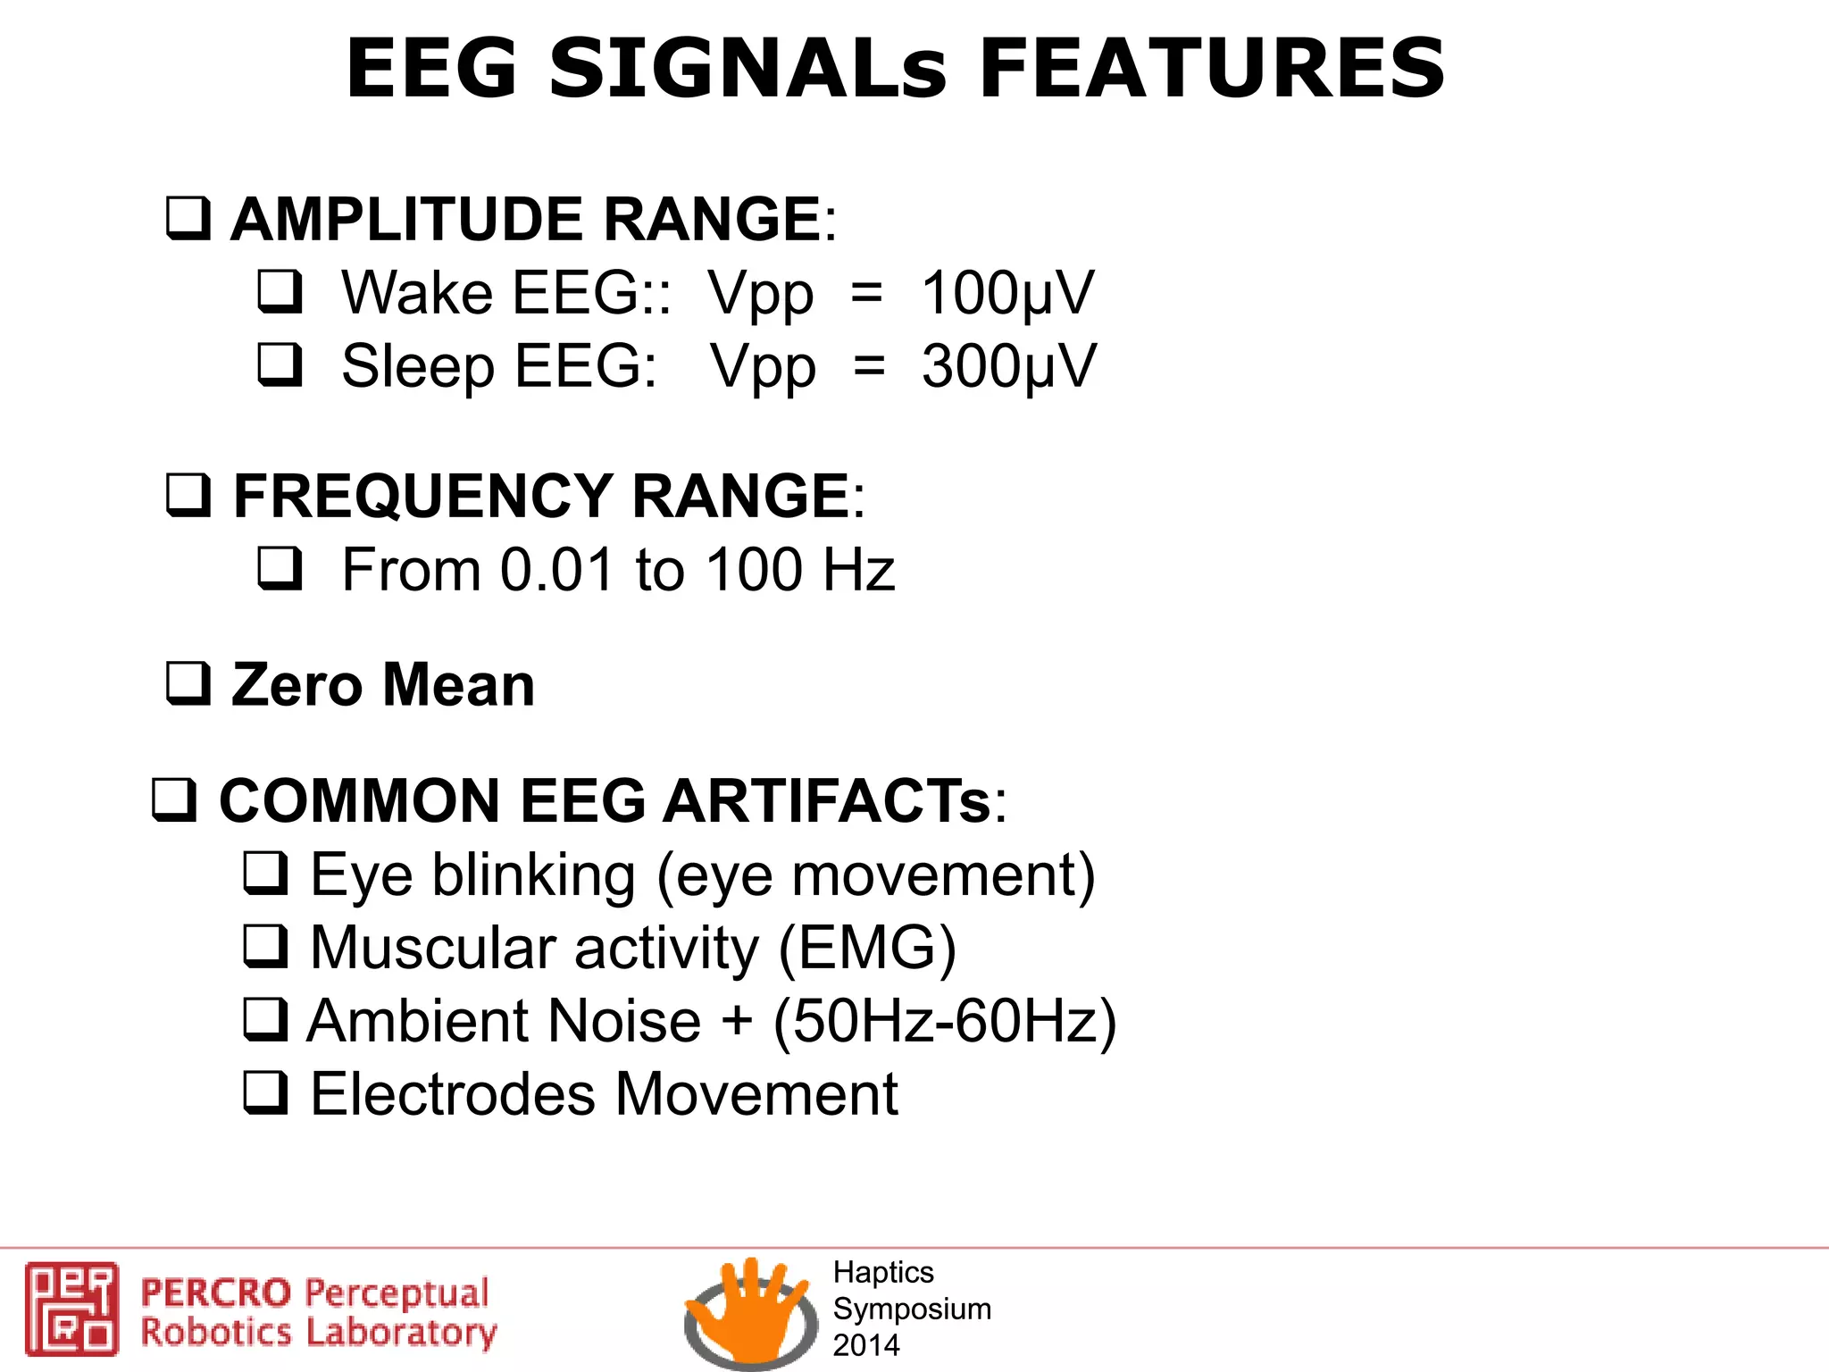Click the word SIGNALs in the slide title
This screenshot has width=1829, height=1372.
click(747, 69)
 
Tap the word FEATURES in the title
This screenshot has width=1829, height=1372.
click(1212, 69)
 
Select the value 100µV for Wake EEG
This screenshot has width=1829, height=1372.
click(1006, 293)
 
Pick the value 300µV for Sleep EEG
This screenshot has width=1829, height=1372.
click(1008, 366)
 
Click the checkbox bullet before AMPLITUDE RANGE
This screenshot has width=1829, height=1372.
click(188, 219)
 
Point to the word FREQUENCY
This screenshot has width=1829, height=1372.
click(422, 496)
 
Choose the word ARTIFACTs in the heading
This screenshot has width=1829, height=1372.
click(827, 800)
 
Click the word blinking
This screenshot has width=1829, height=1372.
click(533, 874)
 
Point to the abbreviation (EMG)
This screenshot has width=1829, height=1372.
click(867, 948)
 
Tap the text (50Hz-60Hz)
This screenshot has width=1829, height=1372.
click(945, 1021)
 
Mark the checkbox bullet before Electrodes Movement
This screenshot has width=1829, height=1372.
click(266, 1093)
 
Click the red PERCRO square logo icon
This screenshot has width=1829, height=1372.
click(71, 1309)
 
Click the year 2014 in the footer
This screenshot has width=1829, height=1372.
click(866, 1345)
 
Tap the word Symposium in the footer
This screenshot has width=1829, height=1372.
click(912, 1309)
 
